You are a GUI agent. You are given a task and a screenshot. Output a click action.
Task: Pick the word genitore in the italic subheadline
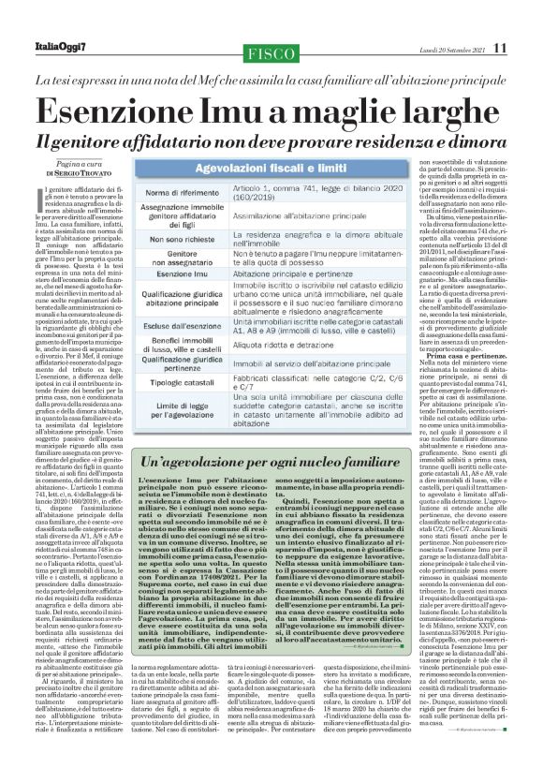click(x=125, y=140)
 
